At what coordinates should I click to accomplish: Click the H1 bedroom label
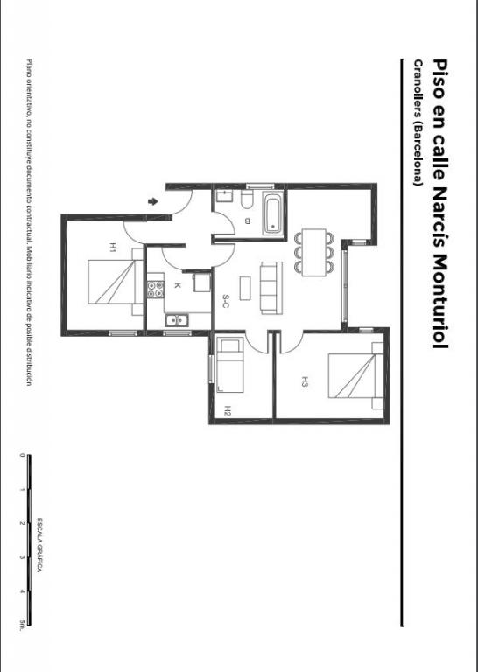point(113,248)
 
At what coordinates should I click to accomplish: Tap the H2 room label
point(228,411)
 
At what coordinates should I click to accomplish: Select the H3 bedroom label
point(305,381)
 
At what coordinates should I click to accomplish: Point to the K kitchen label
point(178,285)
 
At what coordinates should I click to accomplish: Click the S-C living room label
point(226,301)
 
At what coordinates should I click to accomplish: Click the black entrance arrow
point(152,201)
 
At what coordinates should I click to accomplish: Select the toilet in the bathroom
point(246,199)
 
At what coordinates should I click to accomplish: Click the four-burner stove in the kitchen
point(155,290)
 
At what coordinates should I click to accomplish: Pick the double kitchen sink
point(177,320)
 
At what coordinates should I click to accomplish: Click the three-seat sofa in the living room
point(271,288)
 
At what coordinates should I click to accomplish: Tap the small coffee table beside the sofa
point(245,289)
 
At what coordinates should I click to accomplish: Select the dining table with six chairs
point(313,252)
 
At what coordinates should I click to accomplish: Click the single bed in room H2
point(230,365)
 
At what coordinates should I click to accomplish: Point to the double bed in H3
point(355,376)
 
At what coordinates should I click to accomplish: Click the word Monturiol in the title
point(440,300)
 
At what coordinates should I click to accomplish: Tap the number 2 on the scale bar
point(21,523)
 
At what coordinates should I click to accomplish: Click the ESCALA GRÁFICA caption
point(39,545)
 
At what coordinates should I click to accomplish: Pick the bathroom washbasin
point(224,196)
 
